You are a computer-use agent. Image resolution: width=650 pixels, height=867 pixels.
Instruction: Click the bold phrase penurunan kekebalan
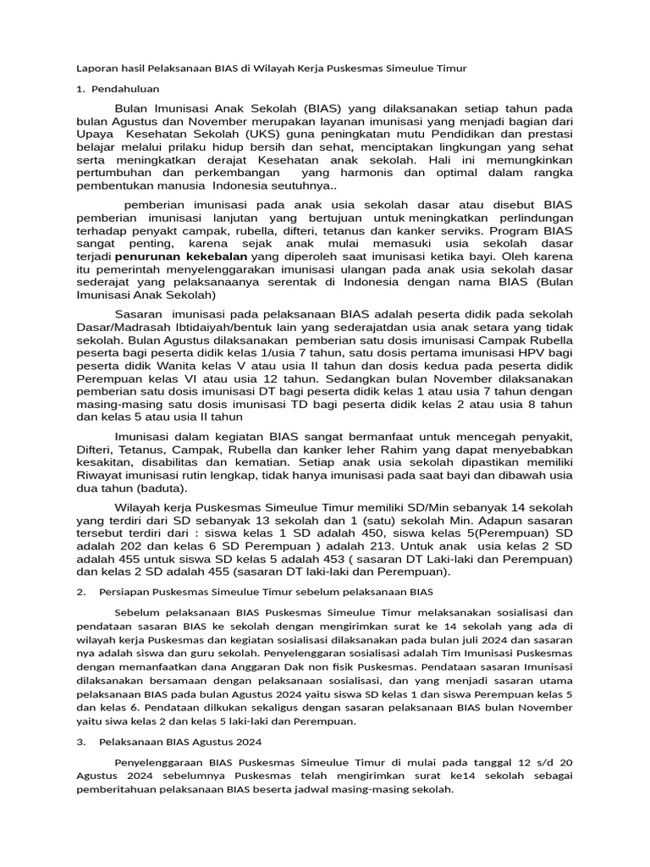click(182, 256)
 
